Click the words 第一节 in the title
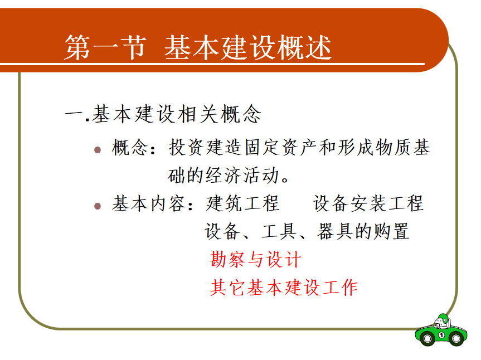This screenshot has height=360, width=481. coord(105,47)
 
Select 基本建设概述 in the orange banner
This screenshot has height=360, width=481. coord(248,47)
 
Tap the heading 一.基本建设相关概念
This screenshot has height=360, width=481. coord(163,114)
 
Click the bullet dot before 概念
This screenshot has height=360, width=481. coord(98,150)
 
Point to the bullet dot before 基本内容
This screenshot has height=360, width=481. coord(98,206)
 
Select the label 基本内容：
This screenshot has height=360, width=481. coord(153,203)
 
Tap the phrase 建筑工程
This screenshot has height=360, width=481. coord(242,203)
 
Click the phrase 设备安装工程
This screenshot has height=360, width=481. coord(368,203)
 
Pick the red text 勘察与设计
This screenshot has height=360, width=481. coord(256,260)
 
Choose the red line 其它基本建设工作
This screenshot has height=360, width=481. coord(284,288)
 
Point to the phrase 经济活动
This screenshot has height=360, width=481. coord(242,175)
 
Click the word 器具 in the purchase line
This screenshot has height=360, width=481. coord(336,231)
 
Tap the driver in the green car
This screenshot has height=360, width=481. coord(443,321)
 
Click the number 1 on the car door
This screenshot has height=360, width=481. coord(441,335)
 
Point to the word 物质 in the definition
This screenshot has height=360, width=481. coord(392,147)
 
